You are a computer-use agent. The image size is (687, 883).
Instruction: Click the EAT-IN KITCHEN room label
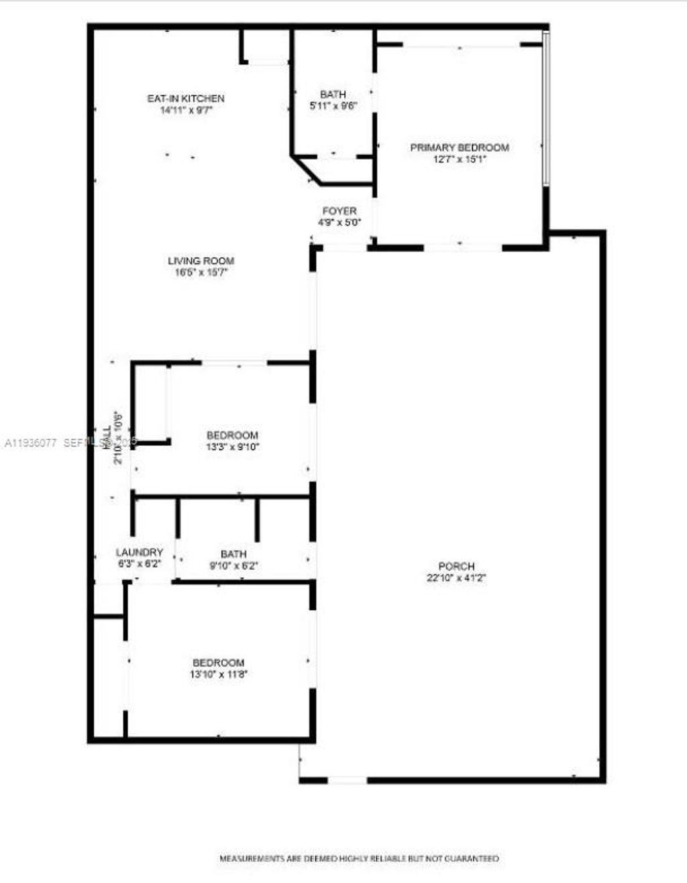[x=186, y=99]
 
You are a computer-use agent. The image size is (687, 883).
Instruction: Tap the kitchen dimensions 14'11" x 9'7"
[x=186, y=111]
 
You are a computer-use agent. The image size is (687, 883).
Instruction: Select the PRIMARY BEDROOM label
[x=460, y=148]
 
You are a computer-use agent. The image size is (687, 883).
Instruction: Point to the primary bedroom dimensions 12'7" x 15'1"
[x=460, y=160]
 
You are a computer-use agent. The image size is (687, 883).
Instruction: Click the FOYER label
[x=339, y=211]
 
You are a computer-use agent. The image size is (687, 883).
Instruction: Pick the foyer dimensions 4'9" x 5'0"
[x=339, y=223]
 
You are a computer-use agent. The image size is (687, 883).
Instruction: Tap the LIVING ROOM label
[x=201, y=261]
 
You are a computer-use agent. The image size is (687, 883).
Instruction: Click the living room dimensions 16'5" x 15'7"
[x=201, y=273]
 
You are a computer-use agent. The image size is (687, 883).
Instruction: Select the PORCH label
[x=456, y=567]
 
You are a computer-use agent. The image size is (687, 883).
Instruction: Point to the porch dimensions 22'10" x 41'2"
[x=456, y=578]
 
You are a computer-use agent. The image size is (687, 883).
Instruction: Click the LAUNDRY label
[x=140, y=552]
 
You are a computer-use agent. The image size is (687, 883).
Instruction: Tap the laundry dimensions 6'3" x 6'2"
[x=140, y=564]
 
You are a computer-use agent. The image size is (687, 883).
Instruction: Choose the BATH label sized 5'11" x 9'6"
[x=333, y=95]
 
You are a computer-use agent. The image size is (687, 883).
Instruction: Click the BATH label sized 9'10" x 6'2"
[x=233, y=554]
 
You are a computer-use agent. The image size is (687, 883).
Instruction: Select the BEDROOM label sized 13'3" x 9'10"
[x=232, y=435]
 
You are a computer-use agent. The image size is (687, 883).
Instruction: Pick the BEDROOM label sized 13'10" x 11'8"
[x=219, y=663]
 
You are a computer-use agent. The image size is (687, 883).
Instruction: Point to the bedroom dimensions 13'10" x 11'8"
[x=219, y=674]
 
